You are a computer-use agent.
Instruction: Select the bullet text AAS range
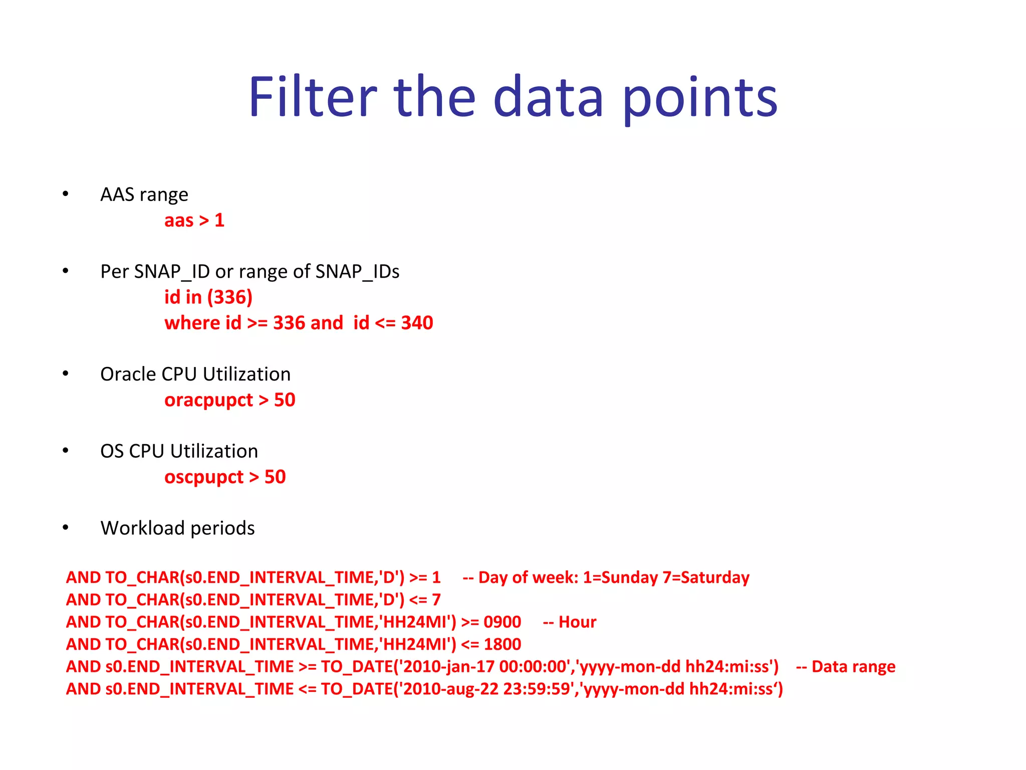pos(144,195)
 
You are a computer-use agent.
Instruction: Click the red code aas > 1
pos(194,221)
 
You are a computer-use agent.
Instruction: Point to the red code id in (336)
pos(208,297)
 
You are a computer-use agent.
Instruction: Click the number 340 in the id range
pos(417,323)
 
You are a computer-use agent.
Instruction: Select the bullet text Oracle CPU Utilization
pos(195,374)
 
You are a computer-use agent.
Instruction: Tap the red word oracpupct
pos(209,401)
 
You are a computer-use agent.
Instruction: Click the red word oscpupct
pos(204,477)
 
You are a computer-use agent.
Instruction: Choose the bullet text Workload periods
pos(177,528)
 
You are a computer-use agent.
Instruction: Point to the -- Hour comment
pos(570,622)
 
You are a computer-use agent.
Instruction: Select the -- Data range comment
pos(846,667)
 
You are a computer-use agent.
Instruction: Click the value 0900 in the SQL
pos(502,622)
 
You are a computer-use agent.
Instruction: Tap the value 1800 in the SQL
pos(502,644)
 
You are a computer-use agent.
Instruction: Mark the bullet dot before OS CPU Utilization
pos(66,451)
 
